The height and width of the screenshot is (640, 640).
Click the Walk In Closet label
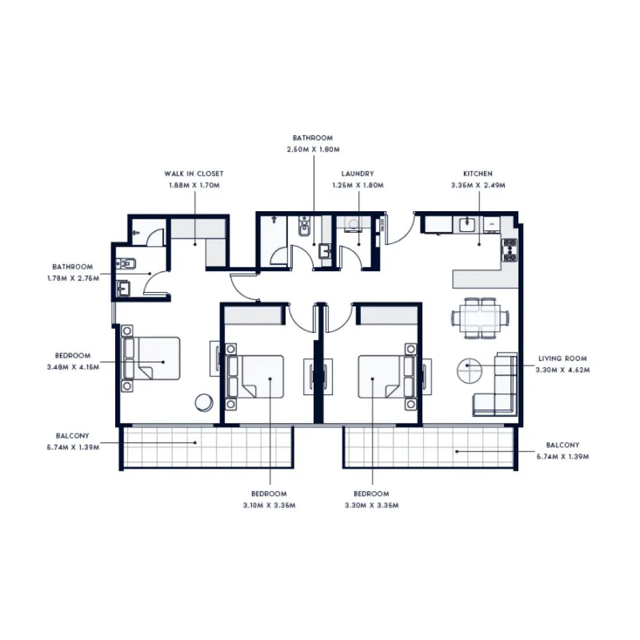tap(194, 173)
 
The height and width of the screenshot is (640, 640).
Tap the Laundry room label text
tap(357, 173)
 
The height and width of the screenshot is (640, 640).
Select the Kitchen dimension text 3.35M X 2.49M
tap(478, 186)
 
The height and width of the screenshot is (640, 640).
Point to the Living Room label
tap(562, 358)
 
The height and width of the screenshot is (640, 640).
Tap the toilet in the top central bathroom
tap(304, 228)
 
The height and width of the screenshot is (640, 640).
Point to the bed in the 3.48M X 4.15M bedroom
tap(151, 359)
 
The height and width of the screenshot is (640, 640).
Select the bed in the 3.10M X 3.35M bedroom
tap(256, 377)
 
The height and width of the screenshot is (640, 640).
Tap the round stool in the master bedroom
tap(204, 402)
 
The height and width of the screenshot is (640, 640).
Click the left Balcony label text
tap(73, 436)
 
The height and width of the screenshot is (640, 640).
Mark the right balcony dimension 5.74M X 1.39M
tap(562, 457)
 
